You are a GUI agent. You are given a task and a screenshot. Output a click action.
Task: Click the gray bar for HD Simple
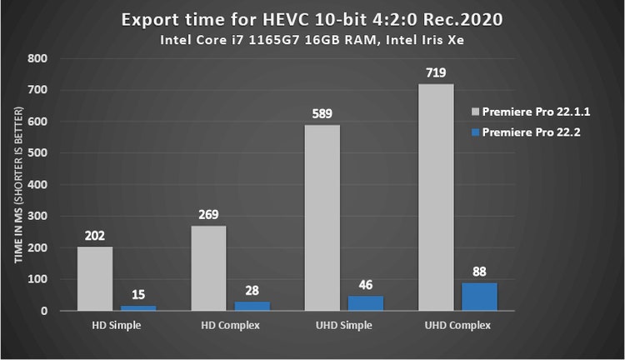[94, 278]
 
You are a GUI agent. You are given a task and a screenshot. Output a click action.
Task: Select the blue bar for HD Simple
[138, 307]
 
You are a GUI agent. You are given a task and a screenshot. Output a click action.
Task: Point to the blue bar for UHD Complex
[480, 297]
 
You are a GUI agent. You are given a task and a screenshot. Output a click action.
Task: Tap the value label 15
[139, 294]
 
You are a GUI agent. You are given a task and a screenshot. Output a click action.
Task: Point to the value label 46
[366, 284]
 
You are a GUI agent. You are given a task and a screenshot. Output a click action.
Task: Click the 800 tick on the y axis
[36, 58]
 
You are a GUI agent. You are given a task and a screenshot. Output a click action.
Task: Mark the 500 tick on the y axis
[36, 153]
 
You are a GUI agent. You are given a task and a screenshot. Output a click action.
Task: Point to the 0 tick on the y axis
[42, 311]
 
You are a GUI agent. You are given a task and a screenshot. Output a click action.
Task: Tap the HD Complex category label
[230, 324]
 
